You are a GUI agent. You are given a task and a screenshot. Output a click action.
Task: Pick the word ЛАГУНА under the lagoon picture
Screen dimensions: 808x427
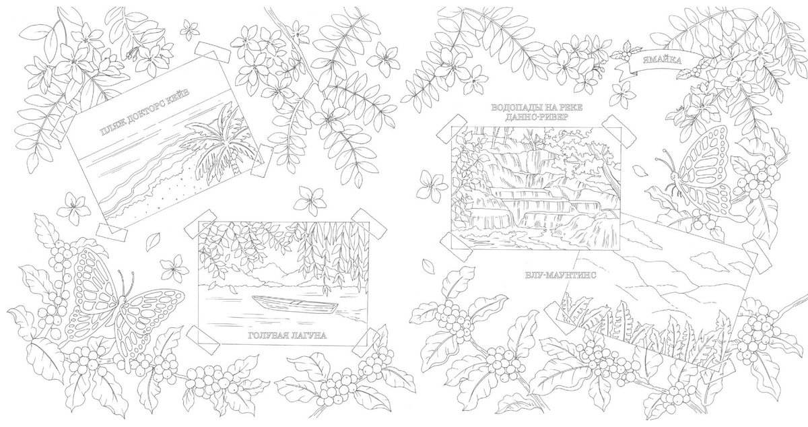[x=310, y=335]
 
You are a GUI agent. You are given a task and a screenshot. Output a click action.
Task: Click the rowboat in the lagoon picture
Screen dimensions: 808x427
[x=295, y=304]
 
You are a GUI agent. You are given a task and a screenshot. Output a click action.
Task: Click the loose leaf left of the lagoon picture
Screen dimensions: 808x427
[x=153, y=241]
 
